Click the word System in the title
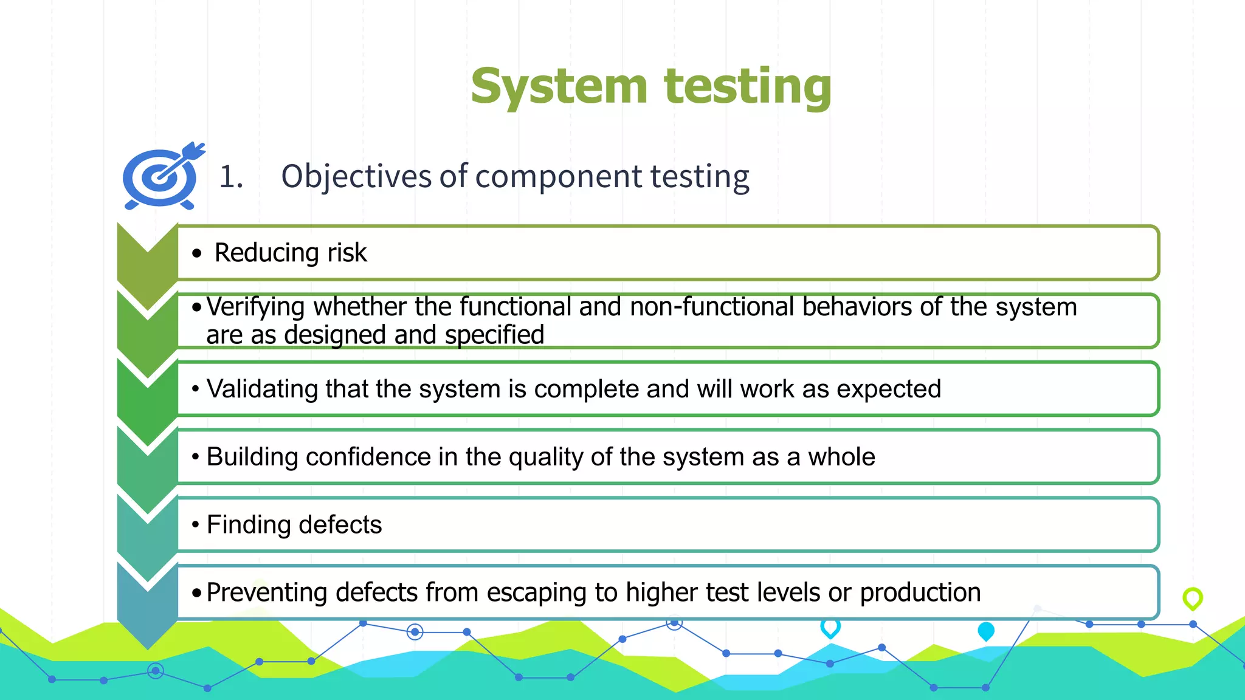point(559,86)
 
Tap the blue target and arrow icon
point(162,177)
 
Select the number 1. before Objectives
point(231,177)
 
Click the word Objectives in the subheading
point(356,177)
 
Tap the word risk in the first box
point(347,253)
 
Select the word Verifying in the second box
point(255,307)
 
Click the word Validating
point(262,389)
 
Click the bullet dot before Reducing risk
point(196,253)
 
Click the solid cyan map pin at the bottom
point(985,631)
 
